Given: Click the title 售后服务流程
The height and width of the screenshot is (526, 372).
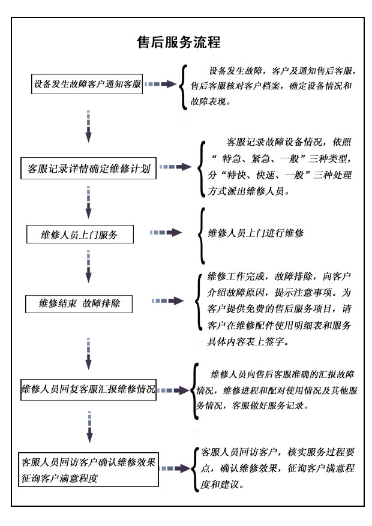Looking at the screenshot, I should tap(179, 43).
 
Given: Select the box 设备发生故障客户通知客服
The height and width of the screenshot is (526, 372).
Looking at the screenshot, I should tap(88, 84).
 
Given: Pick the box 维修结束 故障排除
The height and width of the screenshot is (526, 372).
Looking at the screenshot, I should tap(79, 303).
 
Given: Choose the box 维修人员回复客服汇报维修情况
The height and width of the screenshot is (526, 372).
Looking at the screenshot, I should tap(88, 389).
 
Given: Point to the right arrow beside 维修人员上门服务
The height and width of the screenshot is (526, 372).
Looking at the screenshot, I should tap(166, 232).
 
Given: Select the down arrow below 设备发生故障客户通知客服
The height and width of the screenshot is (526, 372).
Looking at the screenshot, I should tap(88, 127).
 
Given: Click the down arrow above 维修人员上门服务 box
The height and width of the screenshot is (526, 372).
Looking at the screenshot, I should tap(88, 202).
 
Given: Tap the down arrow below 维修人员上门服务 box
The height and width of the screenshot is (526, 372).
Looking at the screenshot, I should tap(88, 266).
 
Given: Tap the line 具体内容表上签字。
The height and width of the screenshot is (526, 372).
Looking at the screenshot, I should tap(248, 342).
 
